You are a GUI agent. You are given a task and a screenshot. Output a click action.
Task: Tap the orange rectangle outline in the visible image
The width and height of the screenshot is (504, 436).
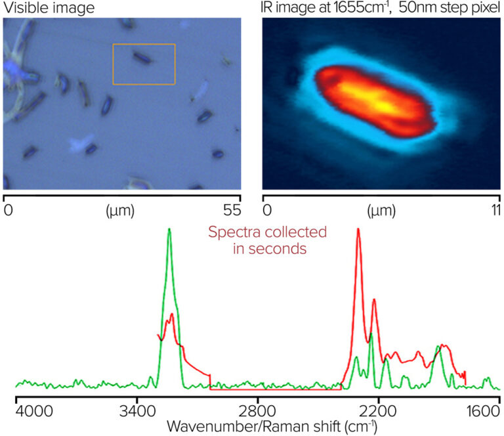(x=144, y=45)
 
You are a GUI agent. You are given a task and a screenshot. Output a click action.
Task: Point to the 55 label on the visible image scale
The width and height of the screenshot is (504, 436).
(x=231, y=211)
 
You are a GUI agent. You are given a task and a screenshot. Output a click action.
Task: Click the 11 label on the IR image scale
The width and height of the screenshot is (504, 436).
(x=495, y=211)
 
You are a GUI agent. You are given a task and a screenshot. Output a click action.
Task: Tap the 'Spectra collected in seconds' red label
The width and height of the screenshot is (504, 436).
(x=267, y=240)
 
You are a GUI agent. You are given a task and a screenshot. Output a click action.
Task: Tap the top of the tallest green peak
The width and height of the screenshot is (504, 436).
(x=169, y=229)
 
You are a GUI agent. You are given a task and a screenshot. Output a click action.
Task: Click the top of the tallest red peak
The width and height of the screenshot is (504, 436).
(x=358, y=230)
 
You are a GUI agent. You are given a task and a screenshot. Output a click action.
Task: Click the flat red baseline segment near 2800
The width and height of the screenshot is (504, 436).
(x=276, y=389)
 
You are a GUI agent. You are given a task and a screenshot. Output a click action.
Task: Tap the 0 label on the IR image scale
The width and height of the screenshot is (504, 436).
(x=267, y=211)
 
